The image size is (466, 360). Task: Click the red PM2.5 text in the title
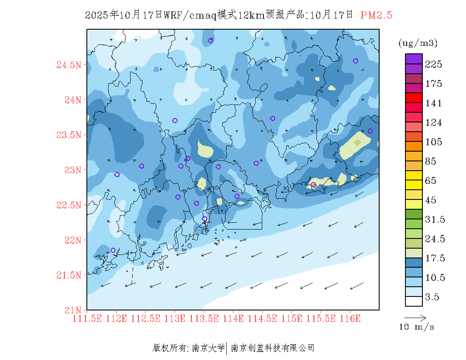tap(376, 15)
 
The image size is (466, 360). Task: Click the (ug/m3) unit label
tap(418, 43)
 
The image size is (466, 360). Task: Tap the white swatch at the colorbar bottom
tap(414, 301)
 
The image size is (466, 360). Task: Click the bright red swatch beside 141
tap(414, 97)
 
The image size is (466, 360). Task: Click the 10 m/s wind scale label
tap(416, 327)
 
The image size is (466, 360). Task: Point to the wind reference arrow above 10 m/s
tap(415, 317)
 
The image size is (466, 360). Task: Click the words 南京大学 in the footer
tap(208, 348)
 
